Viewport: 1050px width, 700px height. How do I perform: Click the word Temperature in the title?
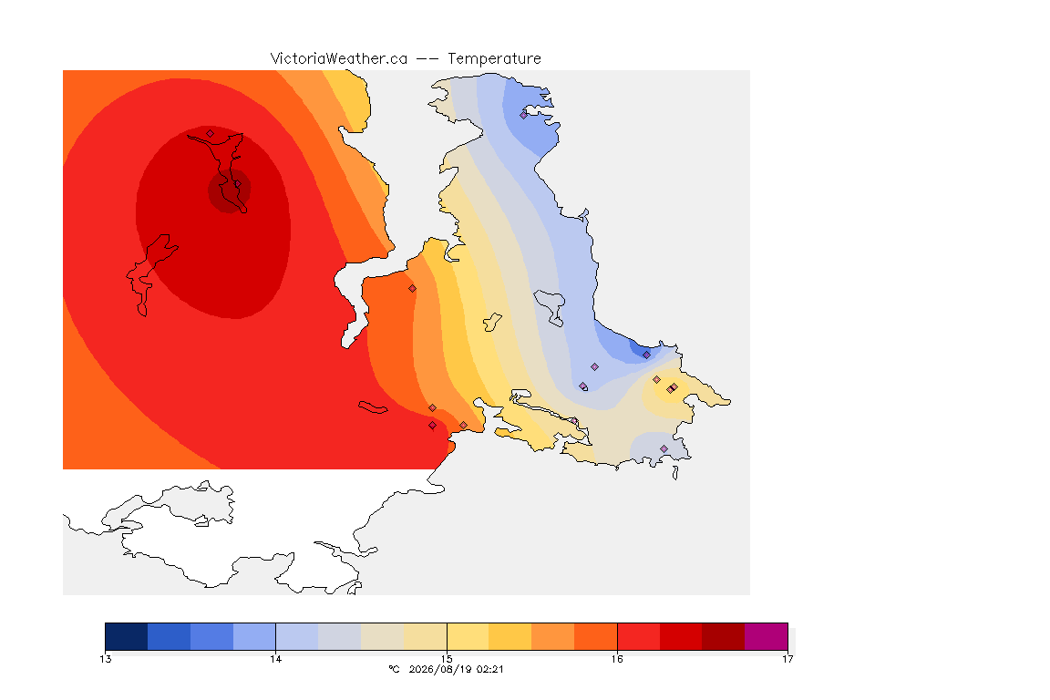(494, 59)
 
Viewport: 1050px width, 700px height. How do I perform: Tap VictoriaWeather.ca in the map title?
(339, 59)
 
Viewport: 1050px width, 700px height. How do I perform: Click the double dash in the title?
(427, 59)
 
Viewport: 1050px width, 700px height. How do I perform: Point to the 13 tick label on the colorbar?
(105, 659)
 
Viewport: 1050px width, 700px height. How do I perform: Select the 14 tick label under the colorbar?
(276, 659)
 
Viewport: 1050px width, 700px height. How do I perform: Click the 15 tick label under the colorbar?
(447, 659)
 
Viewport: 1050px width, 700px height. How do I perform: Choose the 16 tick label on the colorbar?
(617, 659)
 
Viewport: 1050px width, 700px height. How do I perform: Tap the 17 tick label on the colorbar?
(787, 659)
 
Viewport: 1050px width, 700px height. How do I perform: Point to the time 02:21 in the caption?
(489, 669)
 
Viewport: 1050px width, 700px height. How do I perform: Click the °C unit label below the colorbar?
(395, 669)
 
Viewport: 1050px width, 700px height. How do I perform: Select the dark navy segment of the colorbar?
(127, 636)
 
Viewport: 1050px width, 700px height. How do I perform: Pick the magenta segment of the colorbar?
(766, 636)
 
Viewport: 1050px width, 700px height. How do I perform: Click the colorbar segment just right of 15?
(468, 636)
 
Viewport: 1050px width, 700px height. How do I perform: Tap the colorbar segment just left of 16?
(596, 636)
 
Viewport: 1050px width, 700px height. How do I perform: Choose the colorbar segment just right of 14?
(297, 636)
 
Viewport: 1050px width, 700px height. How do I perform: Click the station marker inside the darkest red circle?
(237, 184)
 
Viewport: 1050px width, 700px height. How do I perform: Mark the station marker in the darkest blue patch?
(646, 355)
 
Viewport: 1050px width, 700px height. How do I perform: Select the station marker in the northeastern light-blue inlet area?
(524, 115)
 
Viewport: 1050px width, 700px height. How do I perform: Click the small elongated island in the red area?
(373, 407)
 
